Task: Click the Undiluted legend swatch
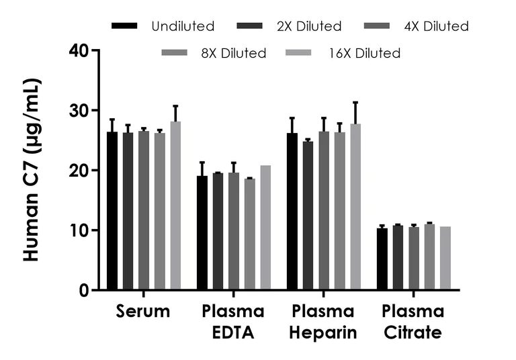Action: tap(126, 26)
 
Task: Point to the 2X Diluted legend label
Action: tap(308, 27)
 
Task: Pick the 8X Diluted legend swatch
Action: tap(178, 52)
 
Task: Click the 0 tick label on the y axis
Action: tap(85, 290)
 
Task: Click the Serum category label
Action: tap(143, 312)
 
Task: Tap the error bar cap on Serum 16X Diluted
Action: tap(175, 105)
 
